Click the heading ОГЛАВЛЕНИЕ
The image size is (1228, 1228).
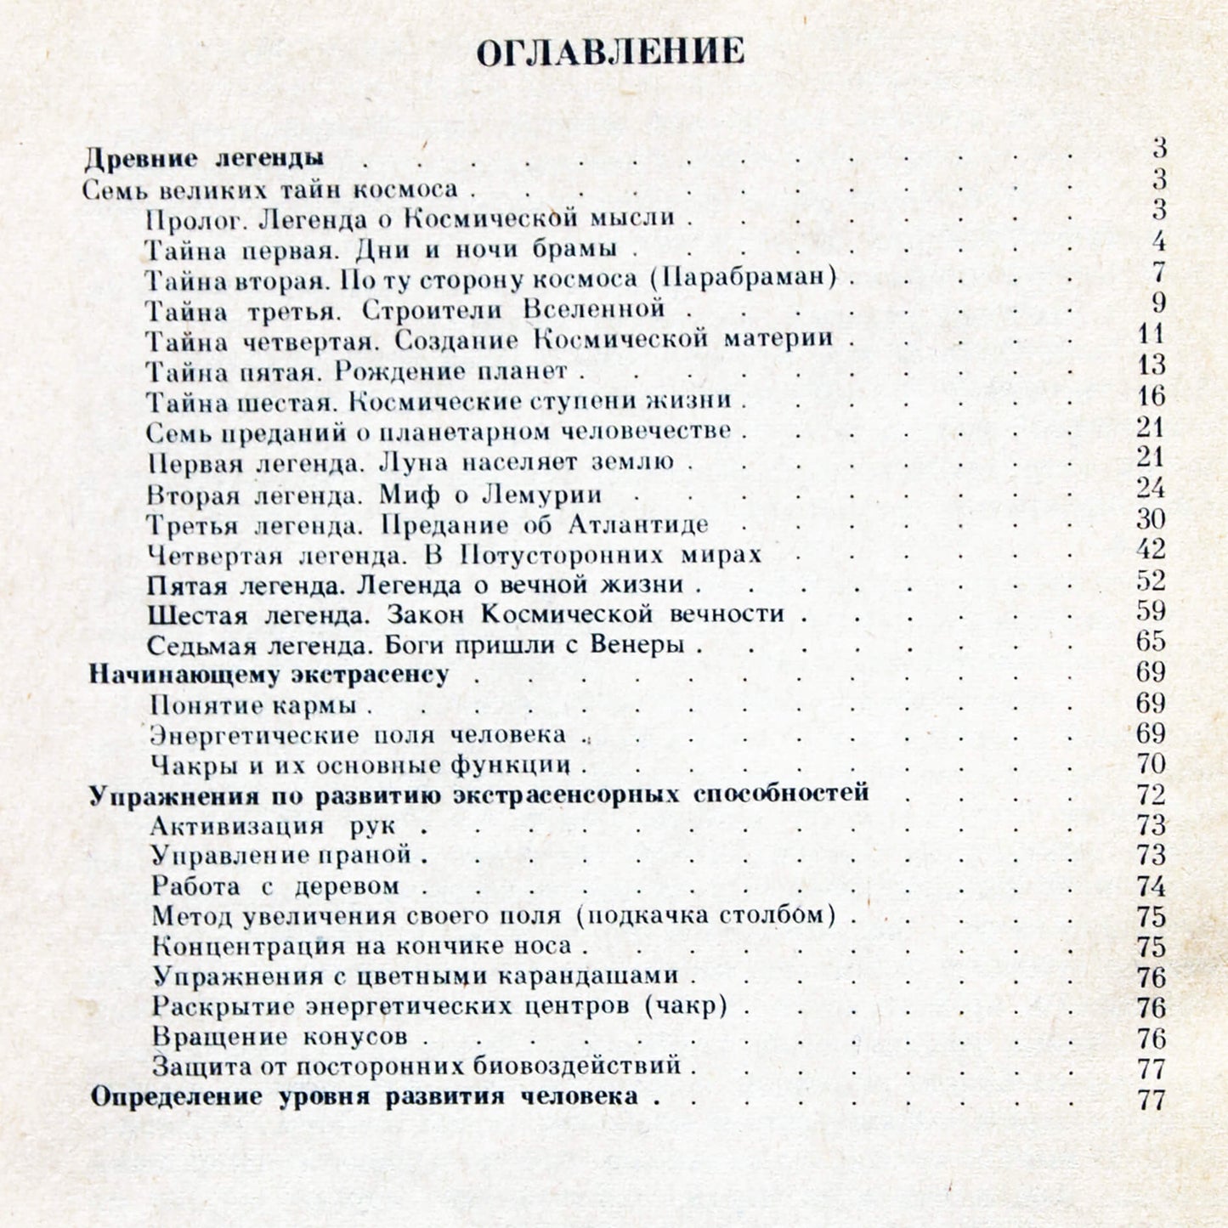(x=610, y=53)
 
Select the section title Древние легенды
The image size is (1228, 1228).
(x=205, y=159)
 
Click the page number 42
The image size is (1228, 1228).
(x=1151, y=550)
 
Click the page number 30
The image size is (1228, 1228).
(x=1151, y=519)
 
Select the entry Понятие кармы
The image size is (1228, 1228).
(x=253, y=705)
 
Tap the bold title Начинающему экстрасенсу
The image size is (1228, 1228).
(x=269, y=675)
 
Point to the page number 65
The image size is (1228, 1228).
(x=1151, y=642)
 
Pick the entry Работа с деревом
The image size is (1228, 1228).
(x=275, y=886)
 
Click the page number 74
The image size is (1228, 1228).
(x=1151, y=886)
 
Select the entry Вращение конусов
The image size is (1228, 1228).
(x=280, y=1037)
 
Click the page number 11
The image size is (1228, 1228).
(x=1151, y=335)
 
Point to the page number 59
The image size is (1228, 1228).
(x=1151, y=611)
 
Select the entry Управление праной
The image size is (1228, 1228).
(x=281, y=855)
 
